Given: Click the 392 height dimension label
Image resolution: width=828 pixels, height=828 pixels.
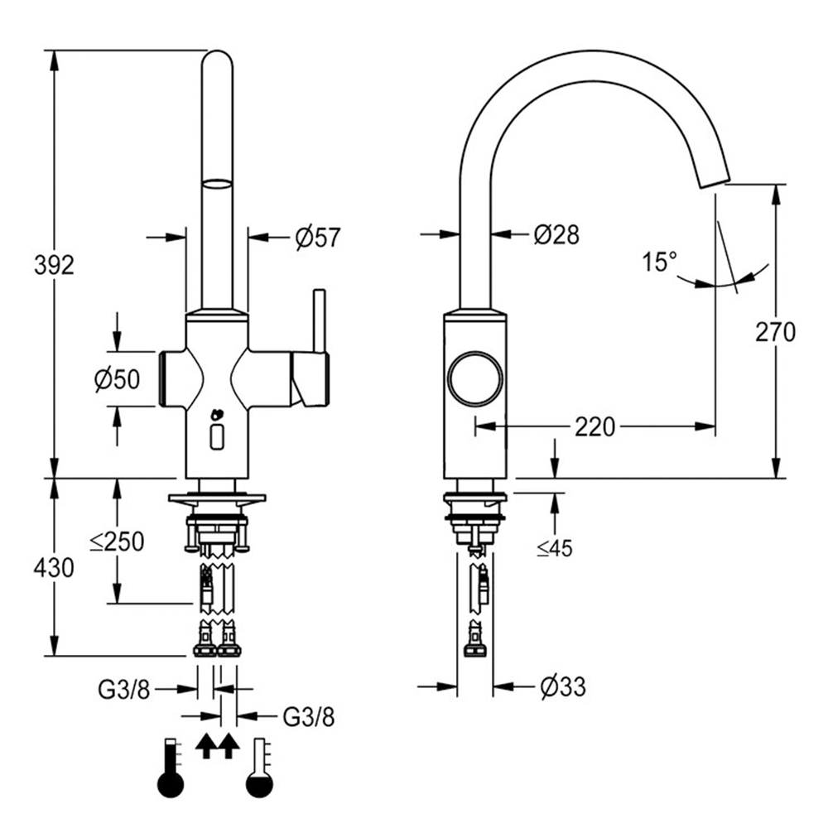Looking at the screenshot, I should [54, 265].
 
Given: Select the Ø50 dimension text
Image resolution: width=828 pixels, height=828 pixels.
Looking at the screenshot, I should [117, 379].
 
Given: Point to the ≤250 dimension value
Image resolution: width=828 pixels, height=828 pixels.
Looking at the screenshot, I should [117, 542].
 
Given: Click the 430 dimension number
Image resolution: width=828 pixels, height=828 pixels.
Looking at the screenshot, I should [54, 568].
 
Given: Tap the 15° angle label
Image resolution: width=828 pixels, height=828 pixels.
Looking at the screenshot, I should [659, 263].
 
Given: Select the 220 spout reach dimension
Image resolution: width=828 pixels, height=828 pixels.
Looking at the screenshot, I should [595, 427].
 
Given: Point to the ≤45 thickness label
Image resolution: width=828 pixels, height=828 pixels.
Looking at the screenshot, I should [554, 547].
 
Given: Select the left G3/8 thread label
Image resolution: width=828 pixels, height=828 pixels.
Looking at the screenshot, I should [124, 688].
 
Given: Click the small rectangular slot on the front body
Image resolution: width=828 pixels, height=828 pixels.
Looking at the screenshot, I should [218, 436].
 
